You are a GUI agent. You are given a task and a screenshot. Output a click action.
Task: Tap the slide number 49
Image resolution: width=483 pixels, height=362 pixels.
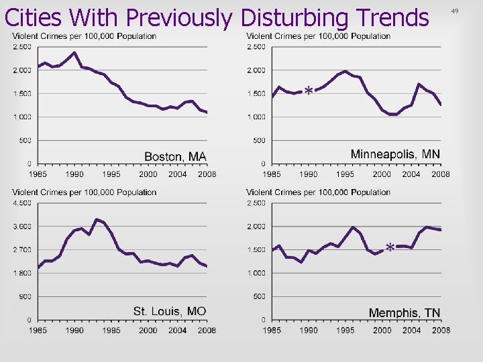point(455,11)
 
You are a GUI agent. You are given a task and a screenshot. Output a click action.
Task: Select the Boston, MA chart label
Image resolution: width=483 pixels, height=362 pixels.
point(176,156)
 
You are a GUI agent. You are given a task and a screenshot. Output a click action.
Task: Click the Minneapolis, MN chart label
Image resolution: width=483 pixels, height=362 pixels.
point(395,154)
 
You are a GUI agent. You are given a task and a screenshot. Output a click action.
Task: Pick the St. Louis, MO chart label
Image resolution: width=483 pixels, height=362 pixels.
point(170,311)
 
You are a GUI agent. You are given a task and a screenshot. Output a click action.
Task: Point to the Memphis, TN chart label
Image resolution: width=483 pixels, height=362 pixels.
point(405,312)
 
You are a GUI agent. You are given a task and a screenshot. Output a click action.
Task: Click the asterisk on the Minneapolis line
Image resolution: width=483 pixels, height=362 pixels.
point(308,90)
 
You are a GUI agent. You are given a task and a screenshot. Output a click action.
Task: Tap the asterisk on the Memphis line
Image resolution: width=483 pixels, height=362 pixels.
point(390,248)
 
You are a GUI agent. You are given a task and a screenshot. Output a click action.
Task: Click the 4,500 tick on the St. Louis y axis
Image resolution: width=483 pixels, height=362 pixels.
point(22,202)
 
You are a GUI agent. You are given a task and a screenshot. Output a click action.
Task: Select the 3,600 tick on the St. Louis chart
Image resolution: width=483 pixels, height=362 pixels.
point(22,226)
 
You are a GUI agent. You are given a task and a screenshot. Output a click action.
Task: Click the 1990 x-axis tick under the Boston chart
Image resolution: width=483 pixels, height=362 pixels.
point(74,174)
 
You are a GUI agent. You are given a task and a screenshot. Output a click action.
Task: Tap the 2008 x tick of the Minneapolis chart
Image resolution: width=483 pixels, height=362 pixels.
point(440,174)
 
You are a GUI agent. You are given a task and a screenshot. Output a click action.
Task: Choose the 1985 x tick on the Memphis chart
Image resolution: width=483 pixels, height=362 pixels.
point(272,330)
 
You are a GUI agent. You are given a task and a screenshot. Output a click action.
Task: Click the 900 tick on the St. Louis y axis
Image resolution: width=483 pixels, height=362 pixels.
point(25,296)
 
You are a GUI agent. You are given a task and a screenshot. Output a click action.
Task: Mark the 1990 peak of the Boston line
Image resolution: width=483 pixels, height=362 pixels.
point(74,52)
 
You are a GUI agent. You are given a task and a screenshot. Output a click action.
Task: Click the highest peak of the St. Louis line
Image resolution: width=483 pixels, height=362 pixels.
point(97,219)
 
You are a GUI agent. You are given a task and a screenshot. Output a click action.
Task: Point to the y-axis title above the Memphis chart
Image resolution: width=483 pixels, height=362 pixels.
point(318,192)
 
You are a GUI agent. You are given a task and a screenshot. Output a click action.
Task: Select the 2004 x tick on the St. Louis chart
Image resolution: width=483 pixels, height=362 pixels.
point(177,330)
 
